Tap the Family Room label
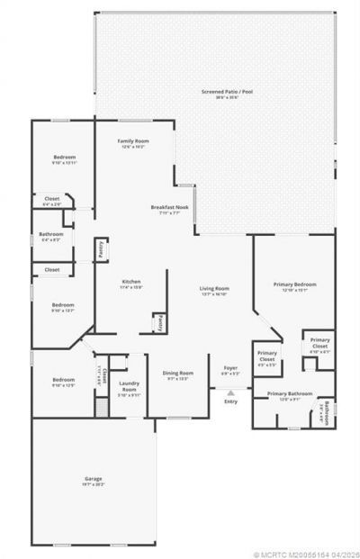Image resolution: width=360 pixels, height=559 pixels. tap(134, 141)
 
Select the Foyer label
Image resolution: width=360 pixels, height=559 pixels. tap(230, 367)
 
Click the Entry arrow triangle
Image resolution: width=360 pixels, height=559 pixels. tap(231, 392)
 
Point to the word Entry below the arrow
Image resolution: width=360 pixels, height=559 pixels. tap(231, 401)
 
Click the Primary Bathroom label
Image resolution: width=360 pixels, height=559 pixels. tap(289, 394)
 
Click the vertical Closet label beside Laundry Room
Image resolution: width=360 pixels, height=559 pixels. tap(104, 374)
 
